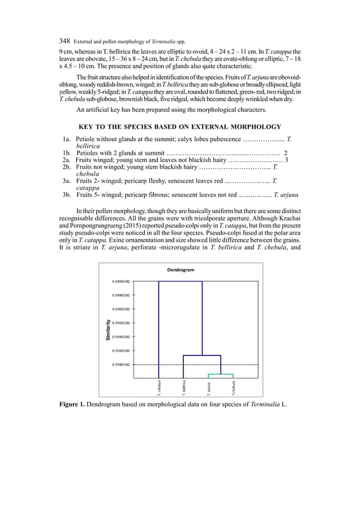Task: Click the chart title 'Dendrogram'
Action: pyautogui.click(x=181, y=270)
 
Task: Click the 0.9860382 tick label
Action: pyautogui.click(x=119, y=281)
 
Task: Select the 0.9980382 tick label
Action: pyautogui.click(x=119, y=365)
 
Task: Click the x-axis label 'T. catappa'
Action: pyautogui.click(x=159, y=386)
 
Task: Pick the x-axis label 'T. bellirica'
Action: pyautogui.click(x=183, y=386)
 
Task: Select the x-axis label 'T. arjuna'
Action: pyautogui.click(x=209, y=387)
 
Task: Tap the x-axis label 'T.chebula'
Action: pyautogui.click(x=233, y=387)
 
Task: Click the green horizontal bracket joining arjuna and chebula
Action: pyautogui.click(x=221, y=374)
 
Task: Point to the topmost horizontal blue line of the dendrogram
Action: pyautogui.click(x=181, y=281)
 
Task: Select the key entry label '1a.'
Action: pyautogui.click(x=68, y=138)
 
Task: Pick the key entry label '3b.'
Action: pyautogui.click(x=68, y=196)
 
